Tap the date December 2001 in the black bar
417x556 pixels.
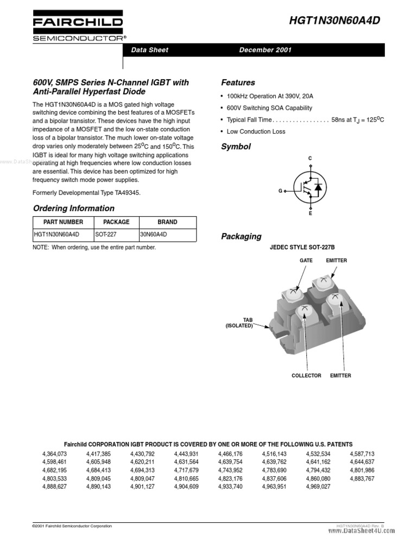[x=266, y=50]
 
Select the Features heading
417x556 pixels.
[x=238, y=83]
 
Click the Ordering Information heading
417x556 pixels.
[x=74, y=208]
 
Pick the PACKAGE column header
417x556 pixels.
[x=116, y=222]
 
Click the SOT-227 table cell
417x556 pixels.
[x=106, y=235]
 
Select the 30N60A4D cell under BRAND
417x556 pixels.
[x=154, y=235]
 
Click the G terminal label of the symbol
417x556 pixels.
[x=281, y=191]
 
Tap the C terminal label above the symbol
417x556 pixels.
[x=310, y=159]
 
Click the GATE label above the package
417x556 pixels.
[x=306, y=261]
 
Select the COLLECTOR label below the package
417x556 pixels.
[x=306, y=376]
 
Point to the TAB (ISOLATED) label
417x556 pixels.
[x=239, y=323]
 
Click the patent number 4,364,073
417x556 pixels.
[x=54, y=454]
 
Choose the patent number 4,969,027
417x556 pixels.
[x=318, y=486]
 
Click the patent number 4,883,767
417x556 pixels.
[x=362, y=478]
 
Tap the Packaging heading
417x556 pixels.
[x=241, y=236]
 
